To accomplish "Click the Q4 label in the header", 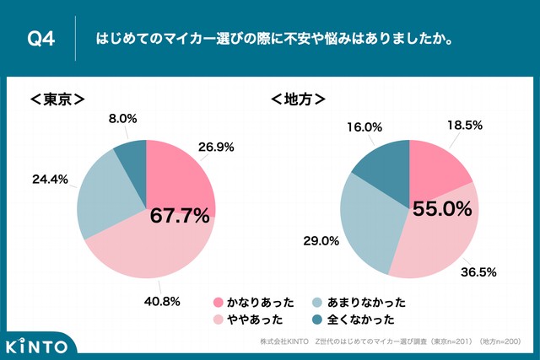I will point(41,40).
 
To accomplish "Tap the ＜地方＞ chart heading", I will point(298,99).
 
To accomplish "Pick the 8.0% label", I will point(122,119).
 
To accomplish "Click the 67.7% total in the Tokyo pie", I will point(179,216).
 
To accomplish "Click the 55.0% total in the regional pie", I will point(441,208).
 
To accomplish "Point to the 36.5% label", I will point(477,271).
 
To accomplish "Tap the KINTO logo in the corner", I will point(40,345).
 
